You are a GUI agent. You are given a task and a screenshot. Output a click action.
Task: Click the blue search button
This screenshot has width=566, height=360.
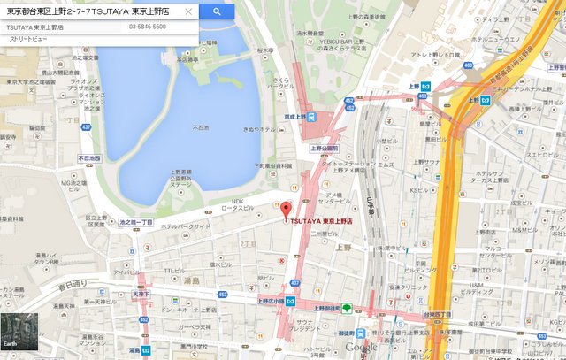click(216, 11)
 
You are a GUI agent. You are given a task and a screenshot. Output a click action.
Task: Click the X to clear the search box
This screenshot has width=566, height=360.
click(188, 12)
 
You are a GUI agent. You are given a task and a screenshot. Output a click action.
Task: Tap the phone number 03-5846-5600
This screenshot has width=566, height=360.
click(147, 27)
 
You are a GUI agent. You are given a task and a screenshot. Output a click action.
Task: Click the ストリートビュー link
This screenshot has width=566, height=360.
click(27, 40)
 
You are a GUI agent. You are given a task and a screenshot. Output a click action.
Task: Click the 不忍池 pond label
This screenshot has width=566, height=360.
click(203, 126)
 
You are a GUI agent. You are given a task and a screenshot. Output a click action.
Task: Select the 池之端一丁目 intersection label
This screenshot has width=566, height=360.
click(135, 222)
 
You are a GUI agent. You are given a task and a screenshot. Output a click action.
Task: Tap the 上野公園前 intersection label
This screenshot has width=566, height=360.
click(325, 149)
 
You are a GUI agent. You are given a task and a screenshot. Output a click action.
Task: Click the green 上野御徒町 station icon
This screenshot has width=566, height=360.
click(348, 309)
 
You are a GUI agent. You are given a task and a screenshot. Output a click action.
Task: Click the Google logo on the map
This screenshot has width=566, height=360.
click(362, 348)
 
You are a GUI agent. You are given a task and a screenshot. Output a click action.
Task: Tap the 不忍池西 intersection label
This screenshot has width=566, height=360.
click(88, 158)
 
